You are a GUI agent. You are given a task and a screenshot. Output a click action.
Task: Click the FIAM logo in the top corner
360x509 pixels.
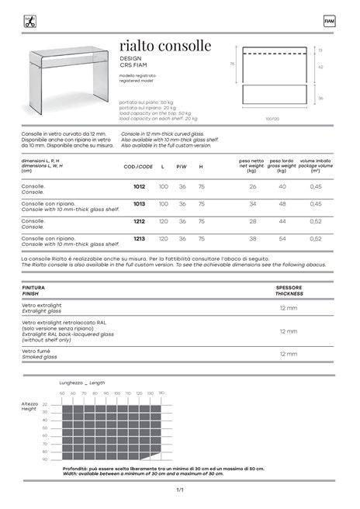(x=329, y=21)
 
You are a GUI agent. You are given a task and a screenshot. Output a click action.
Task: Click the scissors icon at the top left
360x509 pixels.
(x=30, y=21)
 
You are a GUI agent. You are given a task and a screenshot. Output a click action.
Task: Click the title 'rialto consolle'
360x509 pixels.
(x=165, y=46)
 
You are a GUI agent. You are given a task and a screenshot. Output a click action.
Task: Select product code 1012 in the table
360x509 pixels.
(x=139, y=187)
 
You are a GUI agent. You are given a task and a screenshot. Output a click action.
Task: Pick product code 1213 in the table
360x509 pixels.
(x=139, y=238)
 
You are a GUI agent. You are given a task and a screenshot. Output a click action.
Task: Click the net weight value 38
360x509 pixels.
(x=252, y=238)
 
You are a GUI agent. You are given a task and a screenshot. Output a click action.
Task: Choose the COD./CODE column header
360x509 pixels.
(x=139, y=166)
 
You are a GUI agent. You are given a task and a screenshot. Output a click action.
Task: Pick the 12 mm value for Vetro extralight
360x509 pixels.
(x=288, y=308)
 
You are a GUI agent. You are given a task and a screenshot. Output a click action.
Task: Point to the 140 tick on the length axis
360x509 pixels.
(x=161, y=393)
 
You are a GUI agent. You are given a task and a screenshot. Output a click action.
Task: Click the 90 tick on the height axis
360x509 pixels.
(x=45, y=459)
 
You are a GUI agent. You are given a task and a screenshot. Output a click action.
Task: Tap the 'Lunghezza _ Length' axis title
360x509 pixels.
(x=83, y=383)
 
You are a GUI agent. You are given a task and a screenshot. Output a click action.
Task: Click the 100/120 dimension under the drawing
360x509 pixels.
(x=272, y=119)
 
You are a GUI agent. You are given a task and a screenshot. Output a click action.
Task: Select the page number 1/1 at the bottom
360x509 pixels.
(x=180, y=490)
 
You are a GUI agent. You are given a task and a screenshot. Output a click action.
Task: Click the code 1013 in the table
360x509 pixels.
(x=139, y=204)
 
